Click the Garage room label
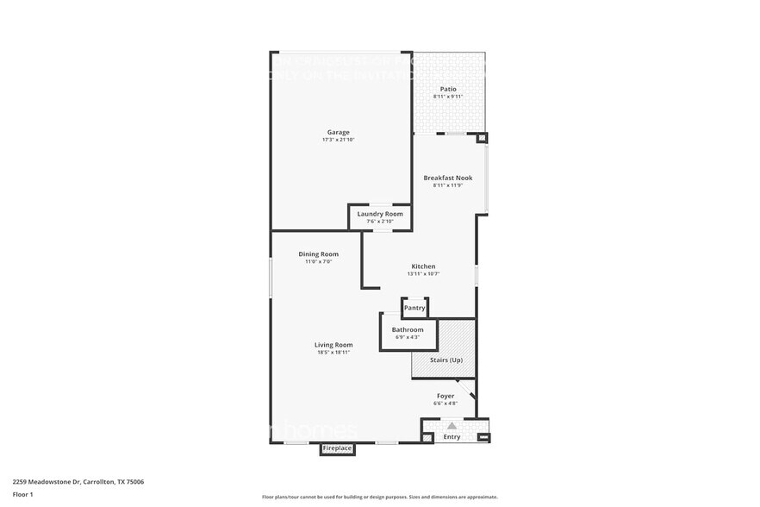pos(338,132)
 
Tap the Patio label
pos(448,89)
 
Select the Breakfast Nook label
pos(447,178)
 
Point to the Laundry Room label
pos(380,214)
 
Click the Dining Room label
pos(318,254)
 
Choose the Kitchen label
pos(423,266)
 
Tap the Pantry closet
pos(414,308)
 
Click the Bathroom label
pos(408,329)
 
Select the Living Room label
pos(333,345)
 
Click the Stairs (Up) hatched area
pos(444,349)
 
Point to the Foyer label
pos(445,396)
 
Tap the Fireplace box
pos(337,448)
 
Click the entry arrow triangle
pos(452,425)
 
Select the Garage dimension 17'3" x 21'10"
pos(338,140)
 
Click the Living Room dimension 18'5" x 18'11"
pos(333,353)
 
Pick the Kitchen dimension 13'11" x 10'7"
pos(423,274)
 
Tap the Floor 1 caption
pos(22,494)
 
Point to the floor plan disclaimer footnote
pos(379,497)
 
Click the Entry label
pos(452,437)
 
